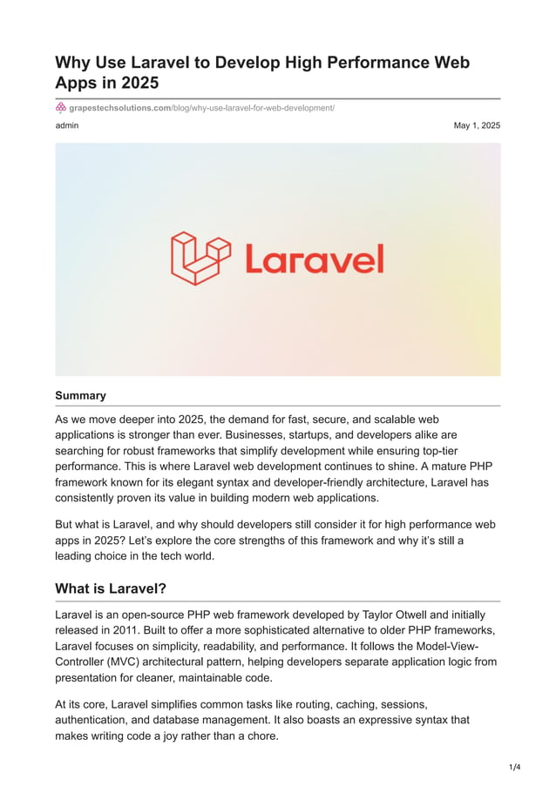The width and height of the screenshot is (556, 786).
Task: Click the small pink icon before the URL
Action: [x=61, y=107]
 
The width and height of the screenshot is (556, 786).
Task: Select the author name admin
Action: [x=67, y=125]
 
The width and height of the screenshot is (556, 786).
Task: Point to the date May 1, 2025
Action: [x=477, y=125]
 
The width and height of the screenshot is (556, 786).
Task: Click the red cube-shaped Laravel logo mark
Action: [x=200, y=259]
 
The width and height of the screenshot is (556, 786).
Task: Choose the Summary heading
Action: [x=80, y=395]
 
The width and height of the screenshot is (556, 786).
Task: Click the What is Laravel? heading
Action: [x=111, y=588]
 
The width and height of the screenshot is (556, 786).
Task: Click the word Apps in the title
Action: [x=75, y=84]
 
